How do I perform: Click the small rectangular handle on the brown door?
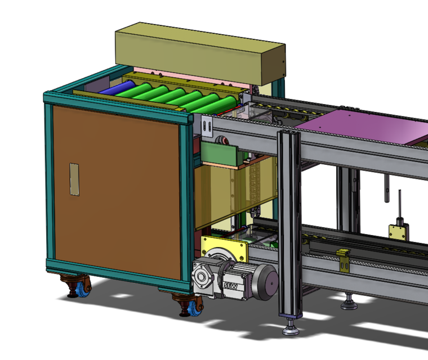pos(74,179)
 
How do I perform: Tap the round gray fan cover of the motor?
pos(267,282)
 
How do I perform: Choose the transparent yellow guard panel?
pos(237,191)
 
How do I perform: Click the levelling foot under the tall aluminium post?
pos(291,328)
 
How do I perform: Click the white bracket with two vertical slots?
pos(207,127)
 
